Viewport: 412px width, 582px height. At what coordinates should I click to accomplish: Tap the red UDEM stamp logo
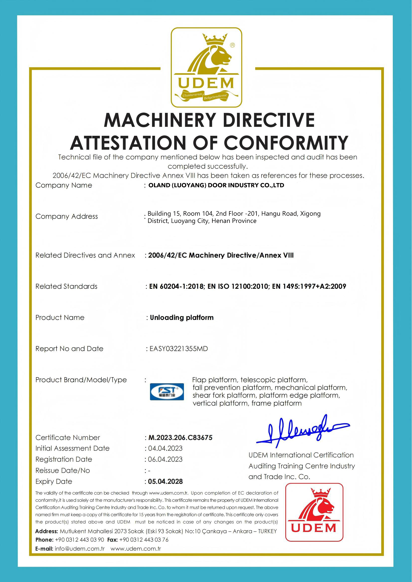314,512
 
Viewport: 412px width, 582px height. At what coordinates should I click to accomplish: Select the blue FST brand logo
167,392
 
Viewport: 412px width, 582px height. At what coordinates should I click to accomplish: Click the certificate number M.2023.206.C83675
180,437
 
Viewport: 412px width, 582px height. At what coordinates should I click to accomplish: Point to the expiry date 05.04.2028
165,481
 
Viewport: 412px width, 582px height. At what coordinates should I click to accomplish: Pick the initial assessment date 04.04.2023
165,448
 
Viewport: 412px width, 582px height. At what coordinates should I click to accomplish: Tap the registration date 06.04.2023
165,459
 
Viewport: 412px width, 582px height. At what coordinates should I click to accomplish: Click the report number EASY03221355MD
179,349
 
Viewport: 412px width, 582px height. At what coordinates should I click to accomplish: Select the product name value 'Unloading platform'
182,317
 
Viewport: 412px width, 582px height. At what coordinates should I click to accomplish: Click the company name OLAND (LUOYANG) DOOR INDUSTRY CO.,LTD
216,185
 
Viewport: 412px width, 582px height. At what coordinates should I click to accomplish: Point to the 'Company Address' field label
67,216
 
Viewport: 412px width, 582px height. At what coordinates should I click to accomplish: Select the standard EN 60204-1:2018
176,286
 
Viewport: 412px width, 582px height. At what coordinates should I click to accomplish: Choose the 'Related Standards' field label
66,286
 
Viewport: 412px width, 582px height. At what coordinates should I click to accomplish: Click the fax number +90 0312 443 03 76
144,540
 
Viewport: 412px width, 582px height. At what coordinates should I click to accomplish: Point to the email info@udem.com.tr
80,549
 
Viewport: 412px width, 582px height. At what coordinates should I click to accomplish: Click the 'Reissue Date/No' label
62,470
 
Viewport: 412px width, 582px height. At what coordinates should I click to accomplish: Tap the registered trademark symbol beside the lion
232,45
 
